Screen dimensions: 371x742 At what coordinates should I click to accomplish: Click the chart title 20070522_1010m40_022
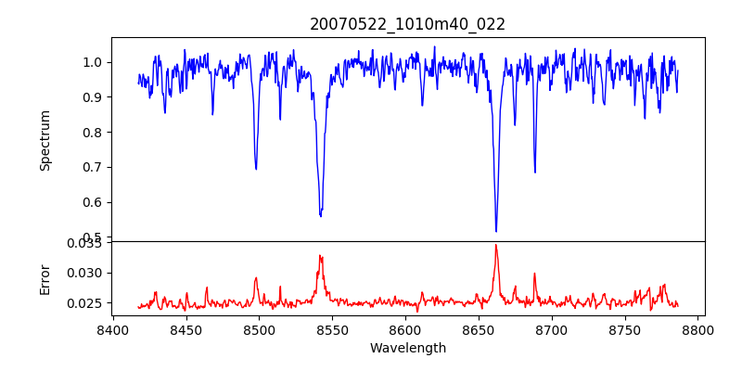407,24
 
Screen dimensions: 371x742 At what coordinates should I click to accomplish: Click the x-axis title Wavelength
407,349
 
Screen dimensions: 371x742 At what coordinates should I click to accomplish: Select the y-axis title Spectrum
45,140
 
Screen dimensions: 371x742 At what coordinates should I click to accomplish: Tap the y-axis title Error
45,278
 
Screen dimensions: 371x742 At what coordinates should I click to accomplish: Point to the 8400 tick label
112,330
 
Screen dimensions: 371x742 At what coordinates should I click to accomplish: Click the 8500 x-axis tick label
259,330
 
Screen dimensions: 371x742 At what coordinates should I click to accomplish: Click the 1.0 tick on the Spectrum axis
94,62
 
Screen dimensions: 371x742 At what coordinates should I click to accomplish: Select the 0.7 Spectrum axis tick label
94,167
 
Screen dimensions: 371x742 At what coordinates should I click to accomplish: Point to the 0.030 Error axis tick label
88,273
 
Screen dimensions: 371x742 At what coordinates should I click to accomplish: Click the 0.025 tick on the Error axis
88,303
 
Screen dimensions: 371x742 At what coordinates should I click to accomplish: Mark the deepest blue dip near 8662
496,231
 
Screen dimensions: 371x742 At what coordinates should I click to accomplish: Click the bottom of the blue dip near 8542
320,215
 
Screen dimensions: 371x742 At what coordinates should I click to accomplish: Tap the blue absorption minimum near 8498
256,169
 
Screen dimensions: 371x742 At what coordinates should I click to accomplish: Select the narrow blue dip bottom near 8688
534,172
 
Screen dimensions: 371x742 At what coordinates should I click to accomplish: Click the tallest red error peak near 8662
496,245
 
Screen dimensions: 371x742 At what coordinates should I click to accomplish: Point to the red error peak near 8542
320,256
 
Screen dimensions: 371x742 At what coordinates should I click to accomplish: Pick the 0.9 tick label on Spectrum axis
94,97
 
